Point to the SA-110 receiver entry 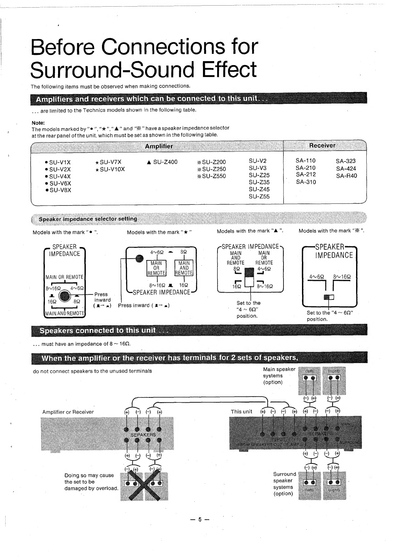(306, 161)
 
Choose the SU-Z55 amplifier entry (259, 197)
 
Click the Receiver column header (322, 145)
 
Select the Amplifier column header (159, 146)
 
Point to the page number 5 (200, 519)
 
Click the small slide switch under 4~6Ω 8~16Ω (329, 297)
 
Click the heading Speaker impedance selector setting (88, 219)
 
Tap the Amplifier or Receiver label (68, 412)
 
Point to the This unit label (241, 412)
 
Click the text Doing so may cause (89, 475)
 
